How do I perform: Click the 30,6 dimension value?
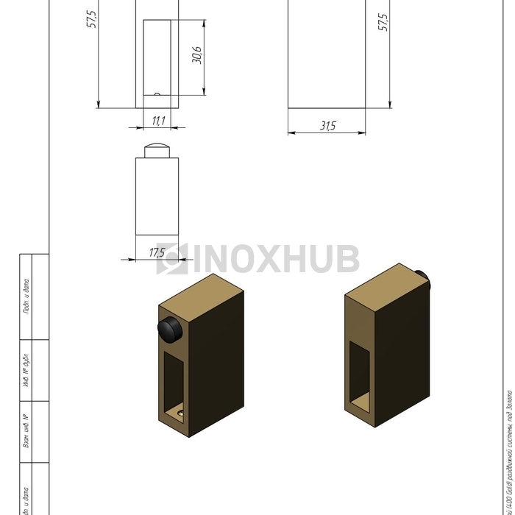[x=197, y=54]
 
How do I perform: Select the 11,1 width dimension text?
[x=158, y=120]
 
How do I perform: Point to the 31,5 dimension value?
[x=327, y=127]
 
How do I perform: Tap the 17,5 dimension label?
[x=157, y=253]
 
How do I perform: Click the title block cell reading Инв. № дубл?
[x=25, y=371]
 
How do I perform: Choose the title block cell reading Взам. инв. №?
[x=25, y=431]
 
